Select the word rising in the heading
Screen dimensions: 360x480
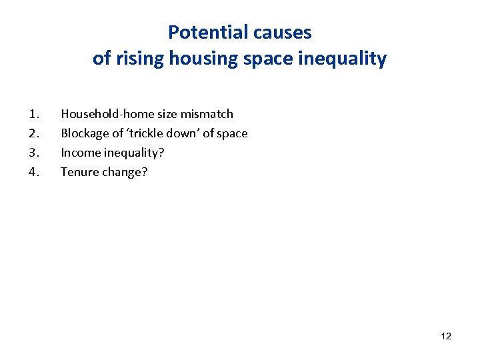click(141, 59)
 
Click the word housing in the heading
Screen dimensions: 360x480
click(198, 59)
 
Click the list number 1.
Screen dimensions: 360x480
click(33, 114)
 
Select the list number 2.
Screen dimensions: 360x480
click(33, 133)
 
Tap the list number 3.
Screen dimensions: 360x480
click(33, 153)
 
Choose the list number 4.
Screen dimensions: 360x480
click(33, 172)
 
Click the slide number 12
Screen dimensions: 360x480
click(446, 336)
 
